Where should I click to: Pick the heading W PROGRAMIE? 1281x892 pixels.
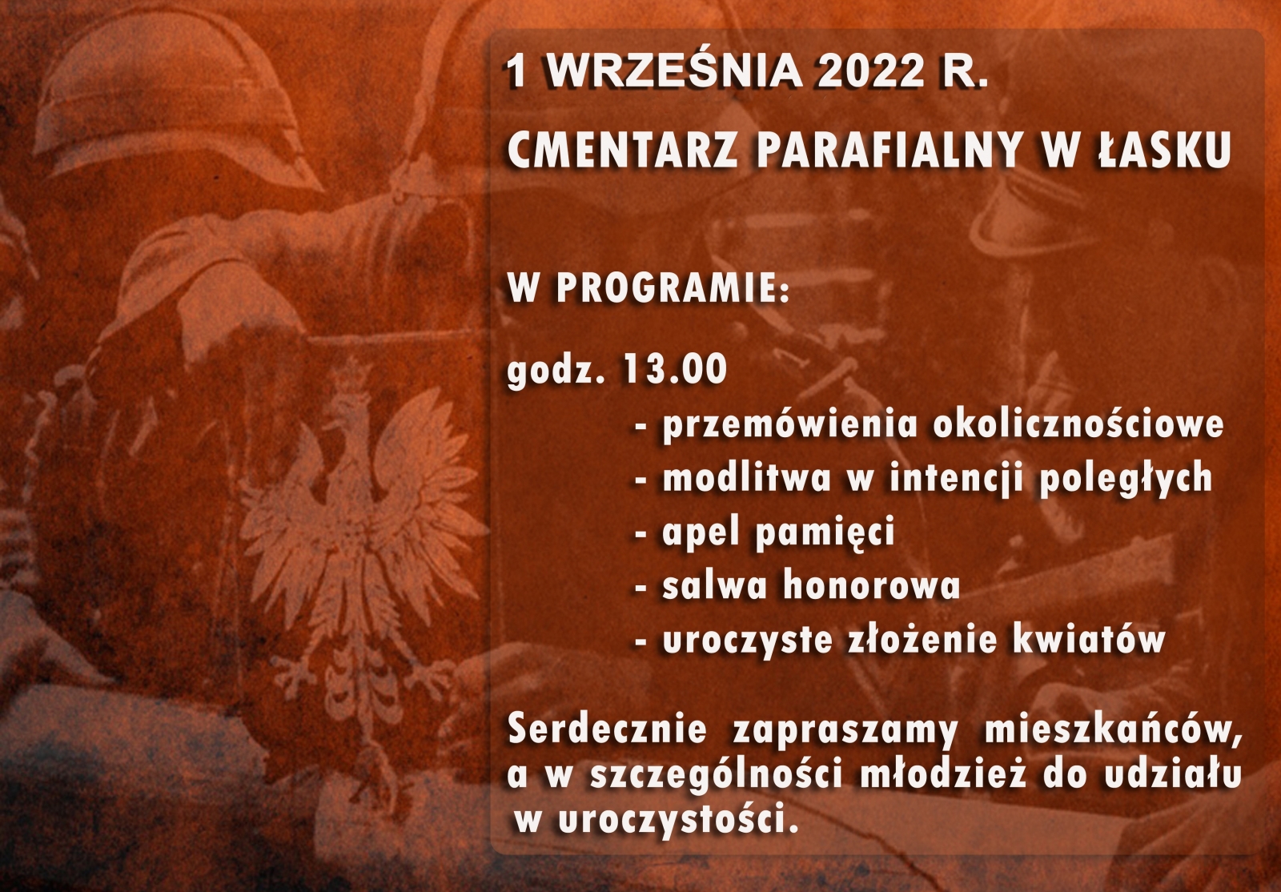(x=649, y=289)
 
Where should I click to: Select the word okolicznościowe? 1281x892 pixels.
(x=1078, y=425)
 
